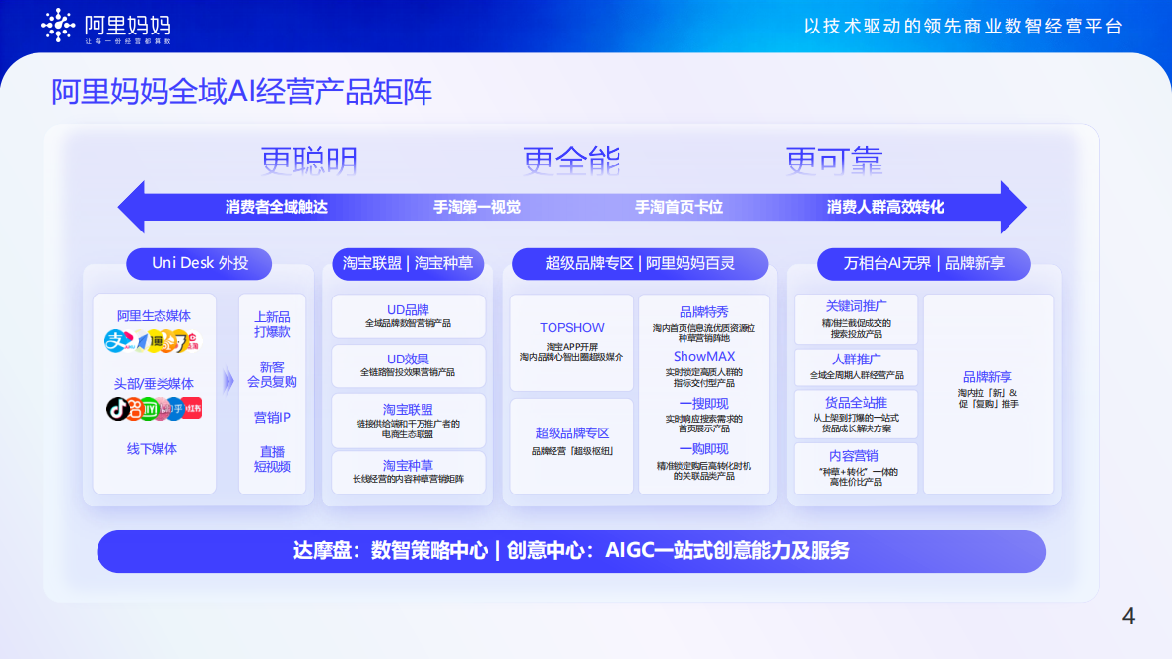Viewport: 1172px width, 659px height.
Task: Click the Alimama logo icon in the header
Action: [x=58, y=26]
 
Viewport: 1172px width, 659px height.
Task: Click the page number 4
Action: [x=1128, y=617]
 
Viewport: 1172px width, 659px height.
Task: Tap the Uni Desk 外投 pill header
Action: [x=200, y=263]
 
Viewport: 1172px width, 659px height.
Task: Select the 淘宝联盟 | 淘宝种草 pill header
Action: [x=408, y=263]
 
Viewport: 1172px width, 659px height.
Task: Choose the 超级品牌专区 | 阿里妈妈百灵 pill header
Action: [x=640, y=263]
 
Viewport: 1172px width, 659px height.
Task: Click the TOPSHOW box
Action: [x=571, y=341]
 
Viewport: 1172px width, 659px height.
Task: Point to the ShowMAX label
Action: [x=703, y=356]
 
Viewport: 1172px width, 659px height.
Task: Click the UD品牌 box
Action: [x=408, y=315]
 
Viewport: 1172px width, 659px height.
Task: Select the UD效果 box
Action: [x=408, y=365]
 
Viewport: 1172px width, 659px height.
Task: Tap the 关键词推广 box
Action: [x=855, y=318]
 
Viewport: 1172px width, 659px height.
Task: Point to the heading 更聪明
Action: [x=309, y=160]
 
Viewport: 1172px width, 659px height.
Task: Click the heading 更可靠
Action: [x=833, y=160]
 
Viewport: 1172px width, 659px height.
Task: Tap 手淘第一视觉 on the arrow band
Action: [x=477, y=207]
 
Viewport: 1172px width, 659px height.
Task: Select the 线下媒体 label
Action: [x=153, y=449]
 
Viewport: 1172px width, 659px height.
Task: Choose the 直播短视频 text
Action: [x=272, y=459]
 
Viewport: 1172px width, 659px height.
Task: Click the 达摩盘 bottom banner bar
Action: [x=571, y=551]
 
